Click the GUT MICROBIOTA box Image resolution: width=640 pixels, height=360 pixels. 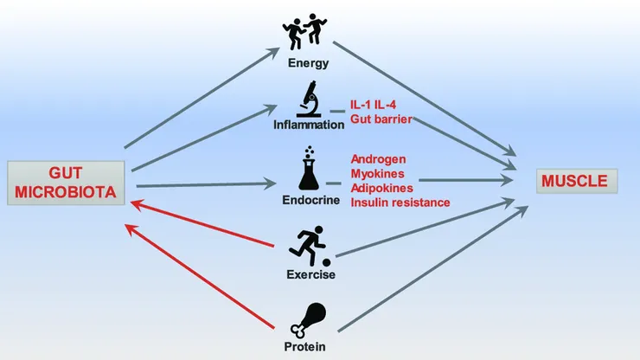tap(66, 182)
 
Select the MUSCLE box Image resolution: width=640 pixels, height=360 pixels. tap(573, 182)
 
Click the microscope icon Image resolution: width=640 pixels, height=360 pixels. tap(308, 100)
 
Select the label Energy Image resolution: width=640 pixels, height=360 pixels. tap(309, 63)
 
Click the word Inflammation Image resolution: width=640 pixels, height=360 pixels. tap(309, 125)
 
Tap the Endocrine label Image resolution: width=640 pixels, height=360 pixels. tap(310, 199)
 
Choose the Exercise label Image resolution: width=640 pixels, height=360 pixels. tap(310, 275)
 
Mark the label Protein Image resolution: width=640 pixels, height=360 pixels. tap(310, 346)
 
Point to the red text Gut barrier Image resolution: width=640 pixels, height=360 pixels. tap(381, 119)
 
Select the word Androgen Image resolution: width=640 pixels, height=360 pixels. tap(378, 160)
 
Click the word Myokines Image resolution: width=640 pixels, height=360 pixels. tap(377, 174)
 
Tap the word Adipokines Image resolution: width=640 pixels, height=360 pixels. tap(381, 188)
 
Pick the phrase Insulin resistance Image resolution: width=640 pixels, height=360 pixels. tap(400, 202)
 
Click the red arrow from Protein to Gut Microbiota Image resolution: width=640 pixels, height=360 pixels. tap(208, 276)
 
